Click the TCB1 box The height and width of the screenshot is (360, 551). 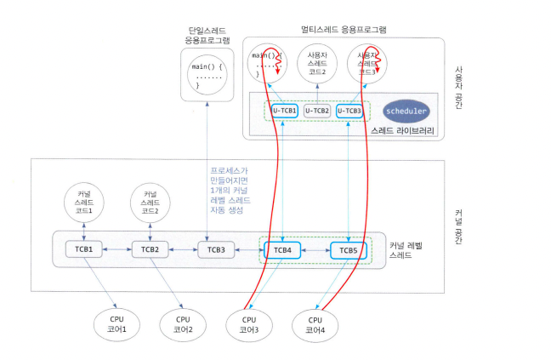tap(84, 249)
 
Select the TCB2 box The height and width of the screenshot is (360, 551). tap(150, 249)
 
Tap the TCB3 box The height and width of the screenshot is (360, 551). tap(216, 250)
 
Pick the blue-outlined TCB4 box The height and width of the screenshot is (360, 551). tap(282, 250)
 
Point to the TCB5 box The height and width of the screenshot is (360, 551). tap(349, 250)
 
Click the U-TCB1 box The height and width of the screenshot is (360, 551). tap(284, 111)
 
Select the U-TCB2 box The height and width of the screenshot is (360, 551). tap(316, 111)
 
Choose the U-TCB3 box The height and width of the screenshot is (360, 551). tap(349, 111)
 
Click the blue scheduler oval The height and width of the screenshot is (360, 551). tap(406, 111)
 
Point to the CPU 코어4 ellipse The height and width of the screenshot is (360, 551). tap(315, 324)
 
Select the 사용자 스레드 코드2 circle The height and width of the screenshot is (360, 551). tap(316, 63)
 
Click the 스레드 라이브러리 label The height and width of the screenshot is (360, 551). tap(402, 131)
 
